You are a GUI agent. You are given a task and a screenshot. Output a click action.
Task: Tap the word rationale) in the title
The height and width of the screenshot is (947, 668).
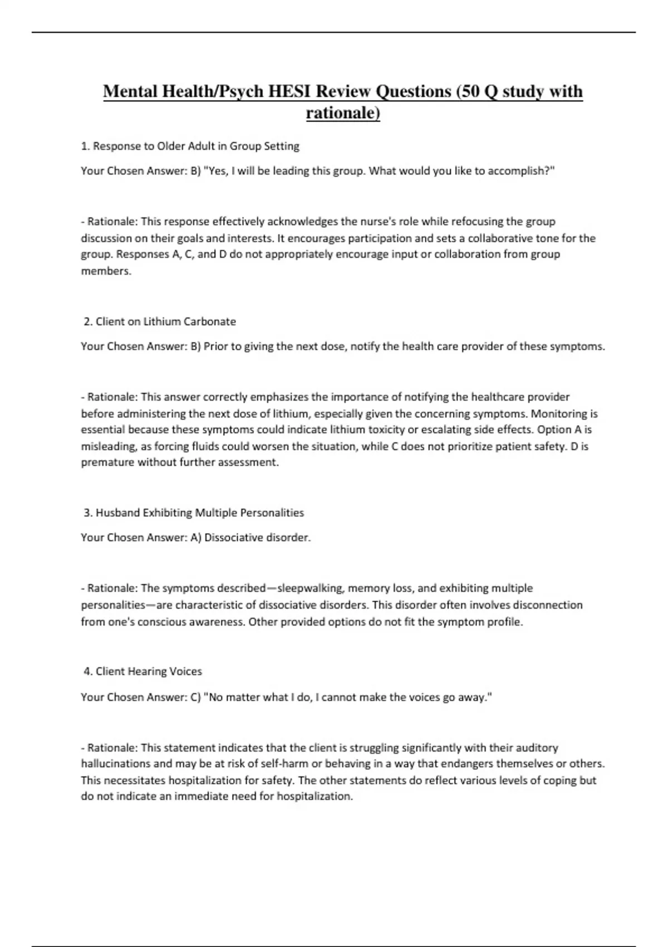pyautogui.click(x=343, y=113)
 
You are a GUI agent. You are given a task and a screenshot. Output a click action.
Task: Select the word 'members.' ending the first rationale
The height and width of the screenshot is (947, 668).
pyautogui.click(x=106, y=271)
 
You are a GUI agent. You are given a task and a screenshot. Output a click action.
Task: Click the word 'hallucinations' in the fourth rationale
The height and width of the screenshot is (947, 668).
pyautogui.click(x=116, y=764)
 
